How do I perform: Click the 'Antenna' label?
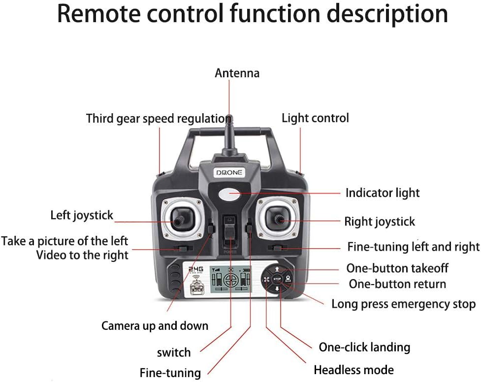(237, 73)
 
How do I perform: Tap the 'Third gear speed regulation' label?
(159, 119)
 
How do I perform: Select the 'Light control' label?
(315, 118)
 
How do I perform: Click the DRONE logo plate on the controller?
(229, 172)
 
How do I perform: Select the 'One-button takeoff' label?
(397, 268)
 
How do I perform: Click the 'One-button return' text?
(397, 284)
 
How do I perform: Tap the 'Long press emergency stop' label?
(403, 304)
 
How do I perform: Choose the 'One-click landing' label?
(364, 347)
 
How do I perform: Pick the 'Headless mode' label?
(353, 370)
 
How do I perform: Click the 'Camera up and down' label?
(155, 326)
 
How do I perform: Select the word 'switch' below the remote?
(174, 352)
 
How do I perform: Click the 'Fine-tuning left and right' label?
(413, 246)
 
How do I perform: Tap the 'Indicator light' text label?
(383, 193)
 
